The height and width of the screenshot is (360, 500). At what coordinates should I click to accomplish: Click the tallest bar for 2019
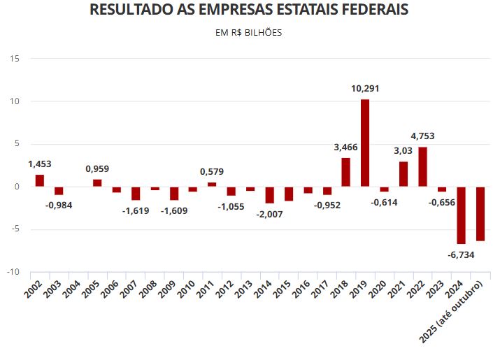coord(365,143)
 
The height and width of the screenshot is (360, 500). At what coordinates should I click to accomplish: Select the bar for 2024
coord(461,215)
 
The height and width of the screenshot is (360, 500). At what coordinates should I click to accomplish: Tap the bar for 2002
coord(40,180)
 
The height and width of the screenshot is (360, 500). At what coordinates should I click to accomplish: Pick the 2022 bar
coord(422,166)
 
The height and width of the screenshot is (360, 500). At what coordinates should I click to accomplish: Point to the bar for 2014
coord(269,194)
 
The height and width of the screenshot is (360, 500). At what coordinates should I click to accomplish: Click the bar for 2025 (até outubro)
coord(480,214)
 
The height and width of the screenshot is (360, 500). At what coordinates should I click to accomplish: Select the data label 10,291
coord(365,89)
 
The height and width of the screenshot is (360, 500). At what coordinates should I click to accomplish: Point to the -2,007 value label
coord(269,214)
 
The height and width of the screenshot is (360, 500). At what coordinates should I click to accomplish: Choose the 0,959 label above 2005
coord(97,168)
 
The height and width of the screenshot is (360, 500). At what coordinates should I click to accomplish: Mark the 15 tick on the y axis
coord(15,59)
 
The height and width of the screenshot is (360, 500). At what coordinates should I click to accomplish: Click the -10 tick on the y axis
coord(13,272)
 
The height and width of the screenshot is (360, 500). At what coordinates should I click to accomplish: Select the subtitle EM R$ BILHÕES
coord(250,33)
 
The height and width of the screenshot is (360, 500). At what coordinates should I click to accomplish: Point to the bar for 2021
coord(403,174)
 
